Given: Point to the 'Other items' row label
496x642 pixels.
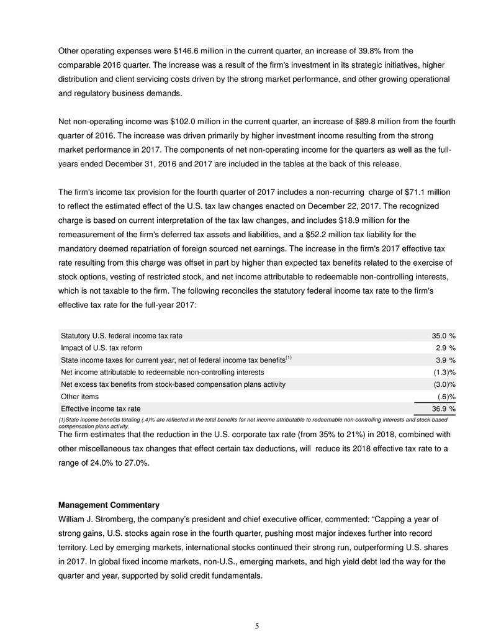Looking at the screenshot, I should [79, 396].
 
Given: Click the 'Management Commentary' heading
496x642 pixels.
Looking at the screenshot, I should [109, 505].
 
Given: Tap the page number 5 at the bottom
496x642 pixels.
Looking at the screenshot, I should [257, 626].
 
